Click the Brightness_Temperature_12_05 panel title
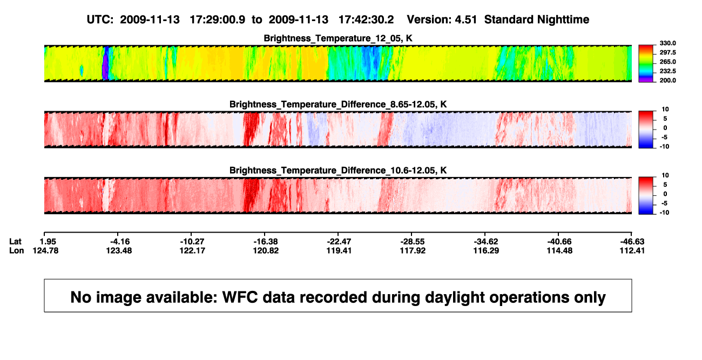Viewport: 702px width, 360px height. point(338,38)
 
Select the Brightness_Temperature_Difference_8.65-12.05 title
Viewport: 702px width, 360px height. point(338,104)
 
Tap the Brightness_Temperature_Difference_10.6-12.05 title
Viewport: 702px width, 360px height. point(338,171)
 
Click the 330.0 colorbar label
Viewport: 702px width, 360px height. point(667,43)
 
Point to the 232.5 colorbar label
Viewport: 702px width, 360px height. point(667,71)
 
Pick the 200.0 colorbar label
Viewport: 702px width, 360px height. point(667,80)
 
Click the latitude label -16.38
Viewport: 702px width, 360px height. point(266,242)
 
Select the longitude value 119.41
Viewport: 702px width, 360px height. point(339,250)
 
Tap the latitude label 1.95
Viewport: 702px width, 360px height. point(48,242)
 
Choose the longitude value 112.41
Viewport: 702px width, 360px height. point(632,250)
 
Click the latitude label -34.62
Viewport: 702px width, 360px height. point(486,242)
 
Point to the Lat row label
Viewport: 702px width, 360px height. point(15,242)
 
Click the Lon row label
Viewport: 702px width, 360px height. point(17,250)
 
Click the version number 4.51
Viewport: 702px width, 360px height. point(466,20)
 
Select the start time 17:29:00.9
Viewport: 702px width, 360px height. point(218,20)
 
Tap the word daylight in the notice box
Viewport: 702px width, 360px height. point(453,297)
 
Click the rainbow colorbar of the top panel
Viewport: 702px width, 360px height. point(646,64)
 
